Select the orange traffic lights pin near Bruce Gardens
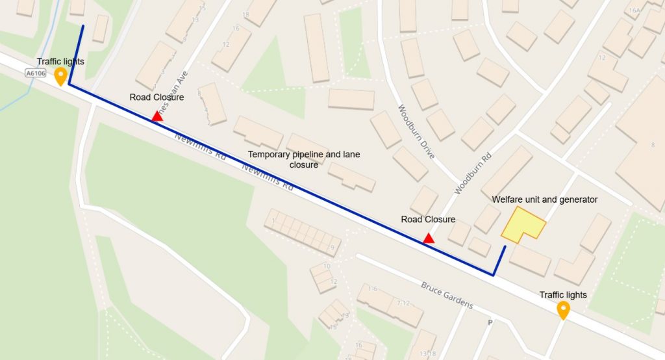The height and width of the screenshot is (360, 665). [x=563, y=310]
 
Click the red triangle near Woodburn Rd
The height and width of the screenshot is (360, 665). [x=429, y=238]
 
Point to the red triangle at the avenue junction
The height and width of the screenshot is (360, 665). [x=157, y=116]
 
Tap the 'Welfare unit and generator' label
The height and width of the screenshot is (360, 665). [x=544, y=199]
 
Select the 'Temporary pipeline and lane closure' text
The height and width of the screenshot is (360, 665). [x=304, y=159]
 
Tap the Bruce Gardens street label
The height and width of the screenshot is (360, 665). [x=447, y=295]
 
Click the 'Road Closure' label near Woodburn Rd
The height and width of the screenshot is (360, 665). [x=428, y=220]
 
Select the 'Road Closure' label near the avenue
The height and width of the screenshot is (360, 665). [x=157, y=97]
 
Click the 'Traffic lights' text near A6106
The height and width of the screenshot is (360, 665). [x=60, y=61]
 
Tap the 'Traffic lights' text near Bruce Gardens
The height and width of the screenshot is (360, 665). [x=563, y=295]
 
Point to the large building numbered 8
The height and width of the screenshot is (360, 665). [x=643, y=143]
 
